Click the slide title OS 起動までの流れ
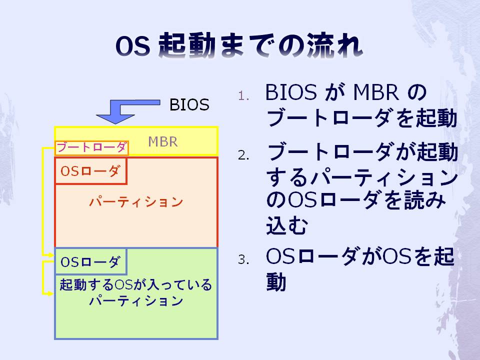tap(239, 45)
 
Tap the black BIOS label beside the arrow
tap(189, 104)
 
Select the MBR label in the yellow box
tap(162, 141)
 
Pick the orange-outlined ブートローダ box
tap(91, 148)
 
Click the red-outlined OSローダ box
tap(90, 171)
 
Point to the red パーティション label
tap(136, 202)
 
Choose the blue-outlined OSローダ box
tap(90, 261)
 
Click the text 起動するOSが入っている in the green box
tap(135, 284)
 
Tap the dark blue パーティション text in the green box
tap(136, 301)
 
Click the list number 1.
tap(243, 96)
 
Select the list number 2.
tap(243, 155)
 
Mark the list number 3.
tap(243, 259)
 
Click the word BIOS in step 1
tap(291, 92)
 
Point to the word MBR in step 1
tap(376, 92)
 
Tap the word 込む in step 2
tap(286, 225)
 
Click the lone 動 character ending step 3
tap(276, 281)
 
